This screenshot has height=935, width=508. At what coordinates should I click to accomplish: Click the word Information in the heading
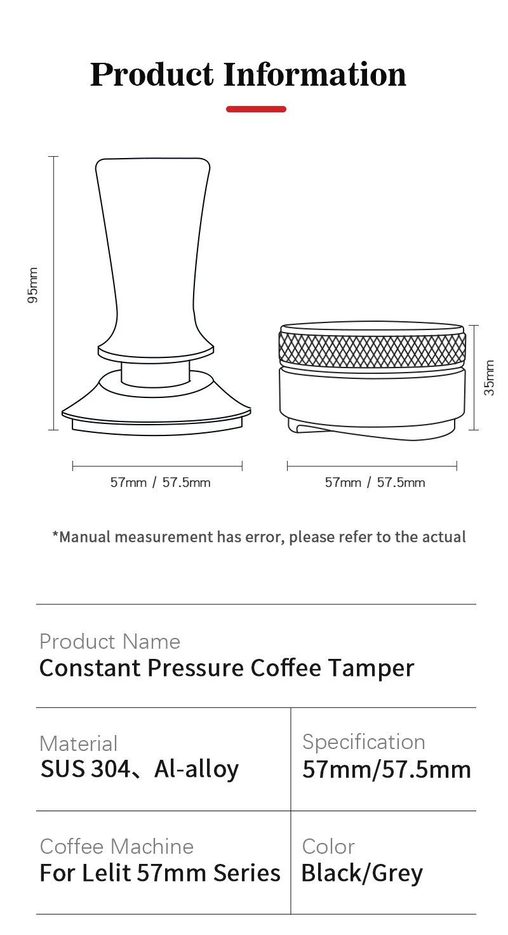pyautogui.click(x=314, y=74)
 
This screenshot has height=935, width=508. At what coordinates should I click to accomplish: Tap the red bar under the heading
pyautogui.click(x=256, y=109)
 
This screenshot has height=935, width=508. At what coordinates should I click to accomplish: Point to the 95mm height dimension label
pyautogui.click(x=33, y=285)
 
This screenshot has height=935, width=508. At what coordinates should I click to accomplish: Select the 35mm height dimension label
pyautogui.click(x=489, y=378)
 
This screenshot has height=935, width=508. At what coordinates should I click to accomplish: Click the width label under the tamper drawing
pyautogui.click(x=160, y=482)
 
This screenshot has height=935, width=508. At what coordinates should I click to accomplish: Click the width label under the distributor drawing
pyautogui.click(x=375, y=482)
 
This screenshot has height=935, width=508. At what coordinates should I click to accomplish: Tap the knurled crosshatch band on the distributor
pyautogui.click(x=372, y=350)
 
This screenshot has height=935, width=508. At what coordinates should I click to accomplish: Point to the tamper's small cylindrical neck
pyautogui.click(x=156, y=373)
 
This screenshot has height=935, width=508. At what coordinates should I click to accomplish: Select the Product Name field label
pyautogui.click(x=110, y=642)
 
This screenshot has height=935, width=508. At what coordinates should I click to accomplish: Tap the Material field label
pyautogui.click(x=79, y=744)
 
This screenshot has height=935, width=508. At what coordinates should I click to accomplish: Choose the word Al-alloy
pyautogui.click(x=197, y=769)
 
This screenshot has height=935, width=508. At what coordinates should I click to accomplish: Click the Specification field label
pyautogui.click(x=364, y=742)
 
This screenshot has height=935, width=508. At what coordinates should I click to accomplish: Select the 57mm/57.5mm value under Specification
pyautogui.click(x=387, y=769)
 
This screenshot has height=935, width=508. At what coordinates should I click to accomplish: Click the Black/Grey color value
pyautogui.click(x=362, y=873)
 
